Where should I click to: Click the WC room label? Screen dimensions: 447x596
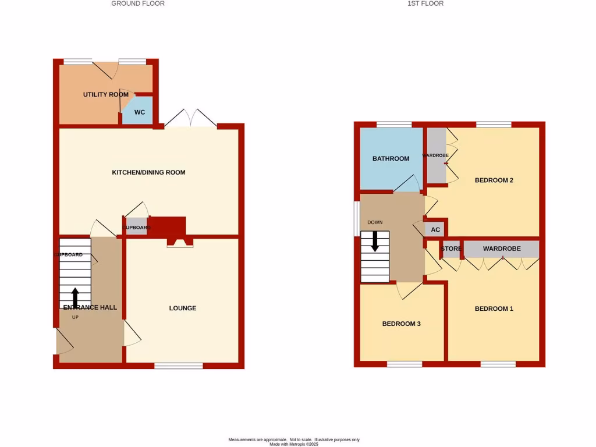[140, 112]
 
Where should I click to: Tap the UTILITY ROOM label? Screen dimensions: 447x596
[105, 94]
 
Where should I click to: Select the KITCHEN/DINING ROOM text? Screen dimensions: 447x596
[148, 172]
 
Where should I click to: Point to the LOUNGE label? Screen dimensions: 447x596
[183, 308]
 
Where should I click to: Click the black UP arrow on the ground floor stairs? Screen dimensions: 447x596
[75, 297]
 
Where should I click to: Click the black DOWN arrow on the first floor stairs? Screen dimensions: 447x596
[375, 241]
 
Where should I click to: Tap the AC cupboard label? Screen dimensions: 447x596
[435, 230]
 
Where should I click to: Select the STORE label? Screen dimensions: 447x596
[451, 249]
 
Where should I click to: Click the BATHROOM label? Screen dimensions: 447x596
[391, 158]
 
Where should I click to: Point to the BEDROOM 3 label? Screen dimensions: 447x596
[401, 324]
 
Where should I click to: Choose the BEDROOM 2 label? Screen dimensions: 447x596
[494, 180]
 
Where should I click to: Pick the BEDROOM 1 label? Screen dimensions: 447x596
[494, 308]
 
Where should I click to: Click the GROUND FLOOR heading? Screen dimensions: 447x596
[138, 3]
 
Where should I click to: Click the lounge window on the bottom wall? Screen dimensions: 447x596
[179, 366]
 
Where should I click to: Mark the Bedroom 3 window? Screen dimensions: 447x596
[405, 364]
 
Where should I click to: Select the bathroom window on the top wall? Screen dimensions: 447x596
[394, 124]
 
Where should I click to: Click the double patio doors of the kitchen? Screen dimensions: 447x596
[190, 118]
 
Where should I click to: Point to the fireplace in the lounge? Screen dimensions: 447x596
[180, 243]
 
